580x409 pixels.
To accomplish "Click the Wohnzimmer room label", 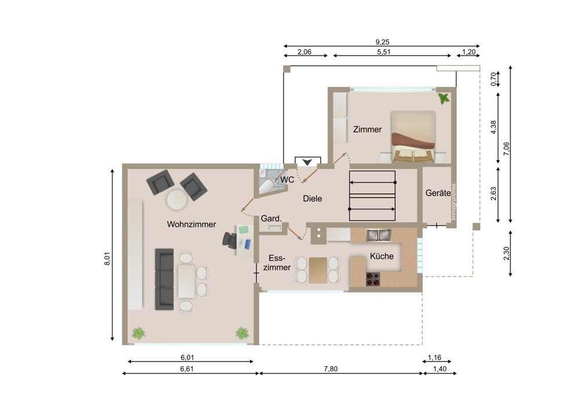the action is coord(191,224).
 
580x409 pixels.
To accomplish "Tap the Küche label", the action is coord(382,256).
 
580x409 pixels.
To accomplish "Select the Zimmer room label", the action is coord(367,129).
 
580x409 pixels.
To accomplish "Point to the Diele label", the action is coord(312,198).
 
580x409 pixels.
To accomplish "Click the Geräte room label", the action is coord(438,193).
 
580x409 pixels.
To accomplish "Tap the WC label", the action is coord(287,180).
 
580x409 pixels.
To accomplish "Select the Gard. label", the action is coord(271,218).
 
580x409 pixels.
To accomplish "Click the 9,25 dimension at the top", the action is coord(382,42).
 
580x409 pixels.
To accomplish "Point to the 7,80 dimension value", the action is coord(331,368).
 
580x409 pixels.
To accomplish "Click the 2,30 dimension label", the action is coord(506,254).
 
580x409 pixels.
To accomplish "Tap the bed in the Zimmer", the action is coord(413,136).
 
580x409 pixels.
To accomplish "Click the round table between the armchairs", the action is coord(177,200).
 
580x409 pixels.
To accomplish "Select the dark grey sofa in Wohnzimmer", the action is coord(164,279).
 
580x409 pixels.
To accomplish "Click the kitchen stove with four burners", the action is coord(373,279).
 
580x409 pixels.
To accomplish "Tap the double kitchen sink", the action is coord(378,235).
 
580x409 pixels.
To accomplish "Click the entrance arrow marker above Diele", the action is coord(307,162).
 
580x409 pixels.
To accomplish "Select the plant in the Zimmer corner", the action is coord(444,98).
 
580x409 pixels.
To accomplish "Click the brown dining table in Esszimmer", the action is coord(318,270).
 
